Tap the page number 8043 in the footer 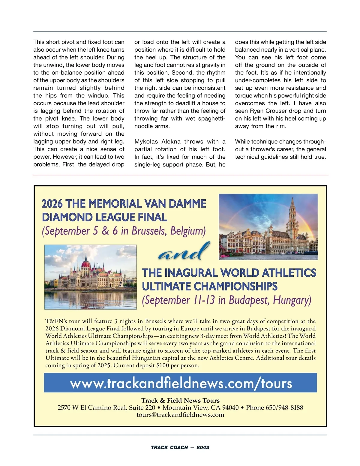pos(203,447)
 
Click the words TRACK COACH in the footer pos(169,447)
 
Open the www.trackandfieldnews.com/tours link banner pos(181,383)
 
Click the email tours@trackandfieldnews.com pos(180,415)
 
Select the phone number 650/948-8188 pos(284,407)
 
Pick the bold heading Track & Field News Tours pos(180,401)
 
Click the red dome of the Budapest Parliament pos(86,264)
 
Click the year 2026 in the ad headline pos(52,204)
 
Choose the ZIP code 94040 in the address pos(230,407)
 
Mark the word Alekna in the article pos(171,142)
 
